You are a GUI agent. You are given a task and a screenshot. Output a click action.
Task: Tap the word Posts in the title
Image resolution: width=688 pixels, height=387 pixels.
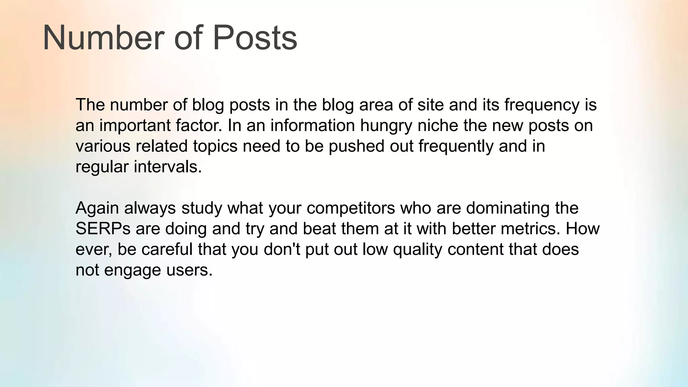(x=255, y=38)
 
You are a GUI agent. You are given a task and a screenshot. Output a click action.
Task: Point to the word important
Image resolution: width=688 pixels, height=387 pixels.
(x=135, y=126)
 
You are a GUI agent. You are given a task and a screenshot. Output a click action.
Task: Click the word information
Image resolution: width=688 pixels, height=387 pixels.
(x=313, y=126)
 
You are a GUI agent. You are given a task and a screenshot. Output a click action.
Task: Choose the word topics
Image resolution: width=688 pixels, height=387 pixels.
(x=215, y=146)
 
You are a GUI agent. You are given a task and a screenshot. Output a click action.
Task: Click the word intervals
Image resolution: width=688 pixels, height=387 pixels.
(x=168, y=167)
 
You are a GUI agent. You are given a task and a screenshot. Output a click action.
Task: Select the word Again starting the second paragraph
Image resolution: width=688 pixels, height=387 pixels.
(x=97, y=208)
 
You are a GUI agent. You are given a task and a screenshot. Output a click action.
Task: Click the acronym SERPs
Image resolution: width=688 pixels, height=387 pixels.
(x=103, y=229)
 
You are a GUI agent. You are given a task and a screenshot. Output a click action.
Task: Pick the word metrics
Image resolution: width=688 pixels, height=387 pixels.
(x=530, y=229)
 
